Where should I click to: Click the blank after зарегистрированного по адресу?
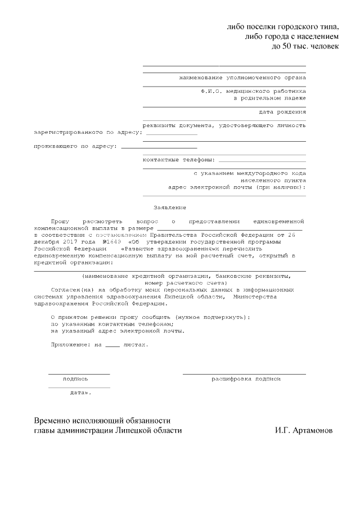[172, 133]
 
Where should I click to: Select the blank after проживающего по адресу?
[151, 147]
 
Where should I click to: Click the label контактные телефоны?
[175, 160]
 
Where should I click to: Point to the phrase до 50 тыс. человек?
[305, 46]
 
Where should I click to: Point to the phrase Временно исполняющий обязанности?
[102, 421]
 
